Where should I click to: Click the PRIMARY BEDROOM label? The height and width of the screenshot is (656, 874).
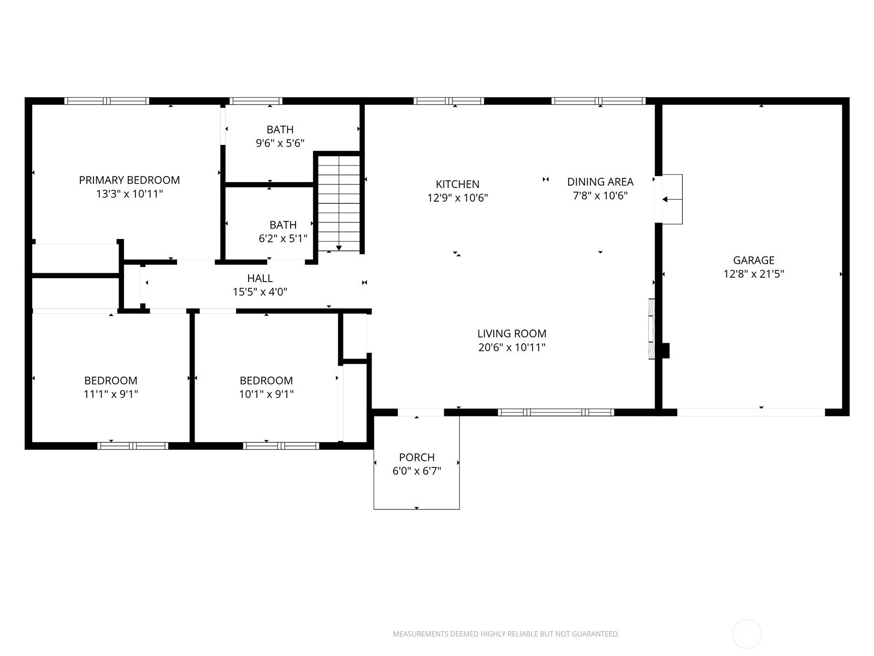129,180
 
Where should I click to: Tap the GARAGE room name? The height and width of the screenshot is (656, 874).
753,260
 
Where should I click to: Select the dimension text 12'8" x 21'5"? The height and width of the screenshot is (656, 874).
753,274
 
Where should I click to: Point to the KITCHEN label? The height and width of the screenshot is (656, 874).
458,184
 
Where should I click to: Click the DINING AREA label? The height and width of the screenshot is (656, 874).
600,182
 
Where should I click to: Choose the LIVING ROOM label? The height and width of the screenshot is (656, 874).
512,333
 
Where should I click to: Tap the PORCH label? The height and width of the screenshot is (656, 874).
417,457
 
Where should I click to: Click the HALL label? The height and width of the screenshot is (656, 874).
260,278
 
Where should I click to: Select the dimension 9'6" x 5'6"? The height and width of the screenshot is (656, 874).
280,143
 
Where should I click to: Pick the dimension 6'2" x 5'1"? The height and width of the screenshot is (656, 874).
283,238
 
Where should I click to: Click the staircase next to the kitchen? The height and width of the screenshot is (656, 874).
339,203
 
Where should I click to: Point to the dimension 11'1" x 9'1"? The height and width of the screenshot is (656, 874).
111,394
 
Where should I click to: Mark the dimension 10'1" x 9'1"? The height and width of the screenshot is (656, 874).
267,394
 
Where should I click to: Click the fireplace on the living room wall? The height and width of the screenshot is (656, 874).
652,329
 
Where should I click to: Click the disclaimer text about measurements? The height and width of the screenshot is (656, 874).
506,634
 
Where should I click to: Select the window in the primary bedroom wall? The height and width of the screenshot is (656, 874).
107,101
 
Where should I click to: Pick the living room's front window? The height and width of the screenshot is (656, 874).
556,412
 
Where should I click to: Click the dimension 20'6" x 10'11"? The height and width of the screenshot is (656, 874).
512,347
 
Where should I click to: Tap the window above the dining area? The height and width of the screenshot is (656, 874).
599,101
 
